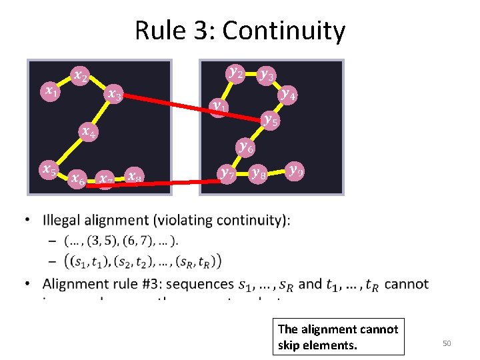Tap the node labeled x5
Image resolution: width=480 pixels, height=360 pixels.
point(49,170)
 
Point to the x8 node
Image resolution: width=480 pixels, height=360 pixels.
point(134,177)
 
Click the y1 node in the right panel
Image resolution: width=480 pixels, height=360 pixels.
point(219,106)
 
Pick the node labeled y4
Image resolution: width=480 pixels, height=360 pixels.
point(289,94)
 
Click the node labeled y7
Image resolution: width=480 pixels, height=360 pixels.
point(227,174)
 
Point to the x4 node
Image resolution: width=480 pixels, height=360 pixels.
point(87,131)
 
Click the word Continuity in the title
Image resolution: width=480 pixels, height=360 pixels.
point(283,31)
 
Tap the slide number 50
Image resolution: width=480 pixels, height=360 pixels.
point(447,343)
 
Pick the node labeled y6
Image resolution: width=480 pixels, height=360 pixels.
point(245,147)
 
